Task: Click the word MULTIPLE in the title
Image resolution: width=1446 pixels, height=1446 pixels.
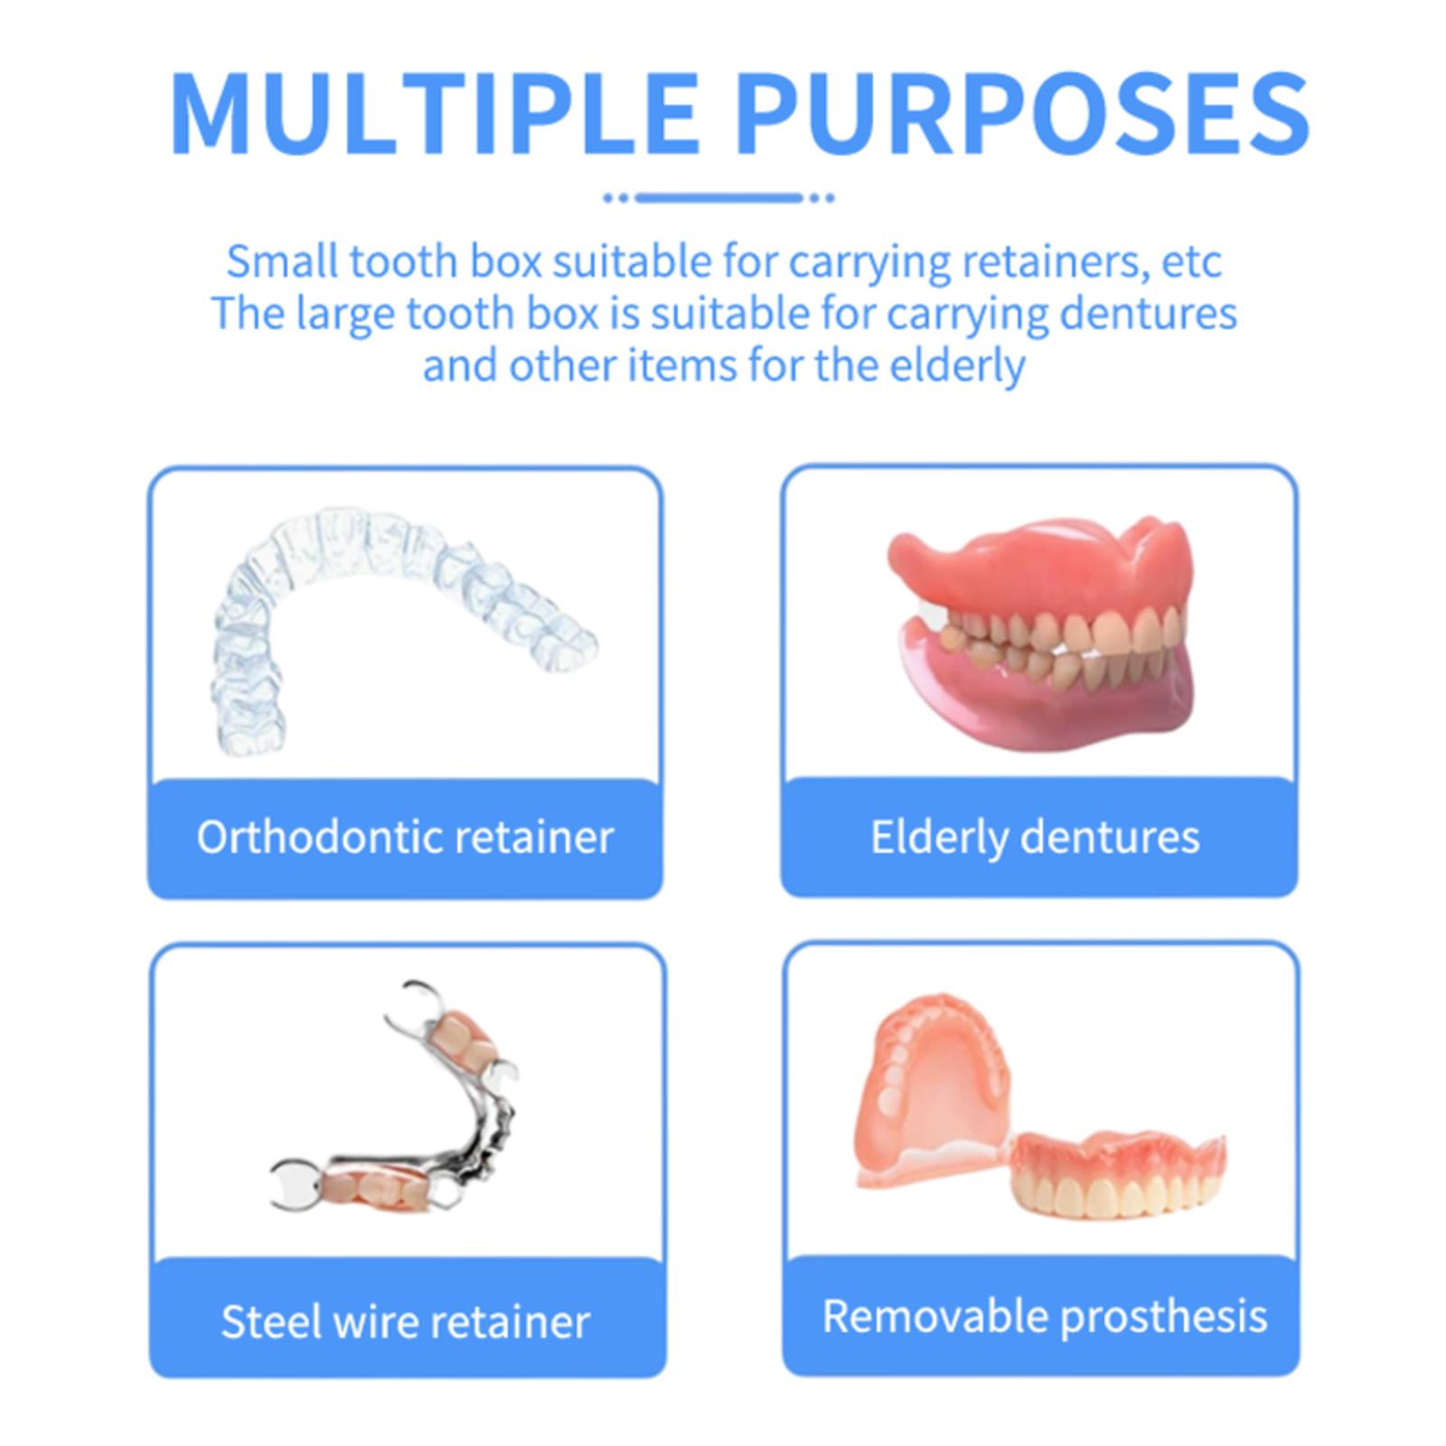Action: [x=433, y=115]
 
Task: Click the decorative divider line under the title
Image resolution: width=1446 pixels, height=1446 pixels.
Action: [x=718, y=197]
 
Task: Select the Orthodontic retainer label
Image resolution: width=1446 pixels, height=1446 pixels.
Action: [x=405, y=837]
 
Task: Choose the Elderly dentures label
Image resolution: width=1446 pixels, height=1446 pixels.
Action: [x=1035, y=837]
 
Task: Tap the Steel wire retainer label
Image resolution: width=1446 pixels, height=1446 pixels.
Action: [x=405, y=1321]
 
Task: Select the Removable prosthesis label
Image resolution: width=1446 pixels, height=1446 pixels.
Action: [x=1045, y=1316]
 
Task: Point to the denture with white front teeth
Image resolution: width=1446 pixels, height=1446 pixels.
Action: [x=1117, y=1173]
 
